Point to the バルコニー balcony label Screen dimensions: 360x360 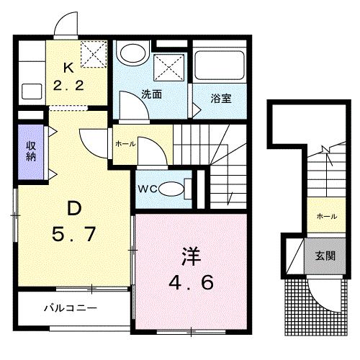click(71, 307)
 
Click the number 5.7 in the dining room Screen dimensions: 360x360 click(73, 234)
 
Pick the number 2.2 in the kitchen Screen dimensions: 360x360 click(68, 84)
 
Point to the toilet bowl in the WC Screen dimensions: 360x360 click(170, 189)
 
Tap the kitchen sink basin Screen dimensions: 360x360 click(31, 91)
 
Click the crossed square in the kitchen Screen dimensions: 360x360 click(92, 53)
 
